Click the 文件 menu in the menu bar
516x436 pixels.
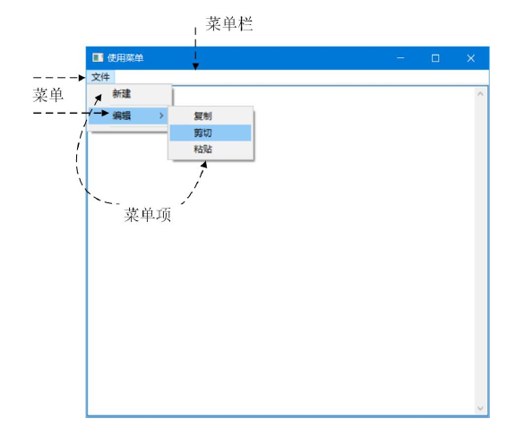coord(100,77)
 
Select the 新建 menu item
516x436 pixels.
coord(122,94)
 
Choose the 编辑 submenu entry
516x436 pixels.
coord(122,115)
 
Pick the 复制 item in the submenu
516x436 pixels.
coord(202,116)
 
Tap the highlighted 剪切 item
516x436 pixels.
coord(202,133)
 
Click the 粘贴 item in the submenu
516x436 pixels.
coord(202,150)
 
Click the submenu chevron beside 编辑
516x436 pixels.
coord(161,115)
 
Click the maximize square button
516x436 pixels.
coord(435,58)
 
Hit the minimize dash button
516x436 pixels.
coord(400,58)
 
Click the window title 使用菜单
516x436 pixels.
coord(125,58)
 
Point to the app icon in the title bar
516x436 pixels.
coord(98,58)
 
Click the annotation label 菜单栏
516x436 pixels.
coord(229,24)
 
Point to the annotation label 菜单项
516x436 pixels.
coord(148,215)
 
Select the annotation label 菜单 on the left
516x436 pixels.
coord(48,95)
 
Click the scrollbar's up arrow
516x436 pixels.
coord(480,94)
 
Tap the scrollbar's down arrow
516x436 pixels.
coord(480,408)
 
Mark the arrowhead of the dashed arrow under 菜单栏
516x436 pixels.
coord(195,67)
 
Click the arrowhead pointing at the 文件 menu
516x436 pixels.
coord(82,78)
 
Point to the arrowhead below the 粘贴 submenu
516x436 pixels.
coord(204,164)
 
